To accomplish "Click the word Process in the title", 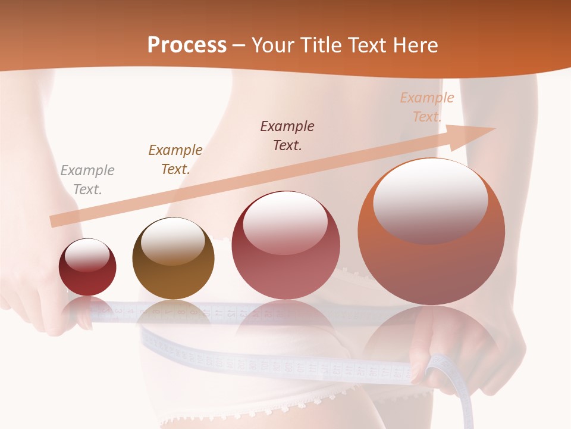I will (x=187, y=45).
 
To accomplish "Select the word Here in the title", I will (x=414, y=45).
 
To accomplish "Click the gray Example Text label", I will (x=87, y=180).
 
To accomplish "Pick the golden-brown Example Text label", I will (x=175, y=160).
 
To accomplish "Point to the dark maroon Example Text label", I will (x=287, y=136).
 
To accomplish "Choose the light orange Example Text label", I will (x=426, y=107).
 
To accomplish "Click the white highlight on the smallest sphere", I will (x=87, y=256).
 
